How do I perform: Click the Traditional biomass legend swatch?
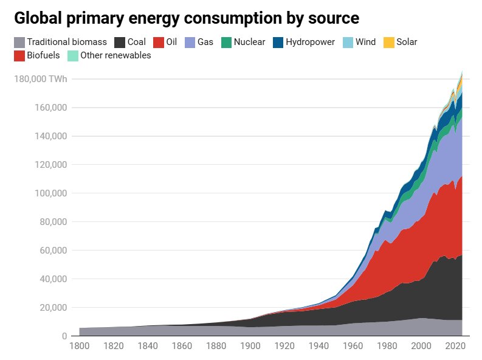pyautogui.click(x=19, y=43)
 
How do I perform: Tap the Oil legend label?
pyautogui.click(x=171, y=43)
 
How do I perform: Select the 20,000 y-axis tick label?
pyautogui.click(x=52, y=308)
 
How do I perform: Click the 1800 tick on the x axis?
pyautogui.click(x=79, y=347)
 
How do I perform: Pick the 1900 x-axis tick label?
pyautogui.click(x=250, y=347)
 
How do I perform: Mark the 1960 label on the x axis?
pyautogui.click(x=353, y=347)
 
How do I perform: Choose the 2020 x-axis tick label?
pyautogui.click(x=455, y=347)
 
